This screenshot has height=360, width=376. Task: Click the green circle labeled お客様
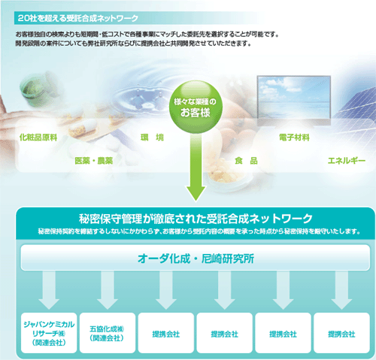[x=196, y=107]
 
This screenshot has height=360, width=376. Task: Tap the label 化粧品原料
[x=38, y=138]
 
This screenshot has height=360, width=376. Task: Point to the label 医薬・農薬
[x=94, y=161]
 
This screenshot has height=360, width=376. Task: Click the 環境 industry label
[x=152, y=138]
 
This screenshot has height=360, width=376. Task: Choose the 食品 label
[x=246, y=161]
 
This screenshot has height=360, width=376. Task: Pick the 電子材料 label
[x=294, y=138]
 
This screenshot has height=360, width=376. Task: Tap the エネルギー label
[x=347, y=161]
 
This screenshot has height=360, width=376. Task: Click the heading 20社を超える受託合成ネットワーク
[x=78, y=18]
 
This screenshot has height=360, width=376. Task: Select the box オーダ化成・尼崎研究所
[x=196, y=258]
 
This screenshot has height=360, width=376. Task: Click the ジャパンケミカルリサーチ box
[x=49, y=333]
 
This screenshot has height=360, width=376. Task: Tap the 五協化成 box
[x=108, y=333]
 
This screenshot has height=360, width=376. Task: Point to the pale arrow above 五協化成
[x=108, y=290]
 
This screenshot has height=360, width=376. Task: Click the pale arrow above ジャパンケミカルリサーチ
[x=49, y=290]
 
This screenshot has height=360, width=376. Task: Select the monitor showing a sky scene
[x=294, y=100]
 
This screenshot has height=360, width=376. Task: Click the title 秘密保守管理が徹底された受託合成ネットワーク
[x=196, y=219]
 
